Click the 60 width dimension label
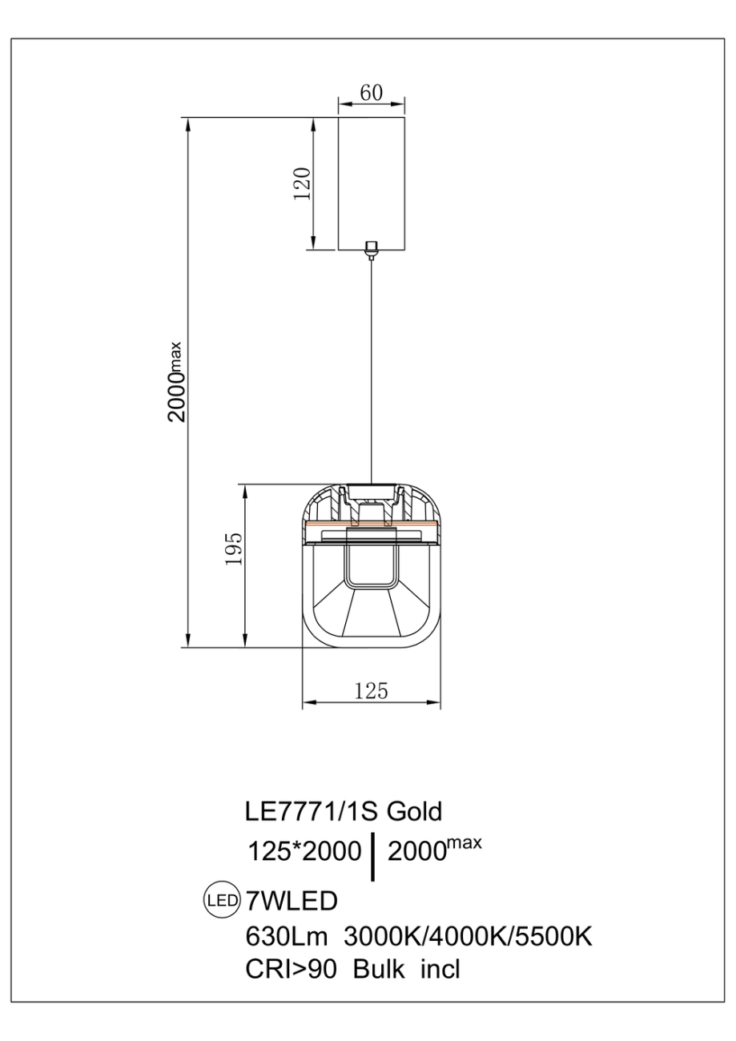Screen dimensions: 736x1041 tap(372, 93)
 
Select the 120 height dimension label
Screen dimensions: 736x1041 tap(302, 183)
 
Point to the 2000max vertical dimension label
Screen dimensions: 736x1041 tap(176, 381)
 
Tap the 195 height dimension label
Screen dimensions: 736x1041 tap(234, 549)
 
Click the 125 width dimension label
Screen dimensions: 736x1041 tap(371, 691)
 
